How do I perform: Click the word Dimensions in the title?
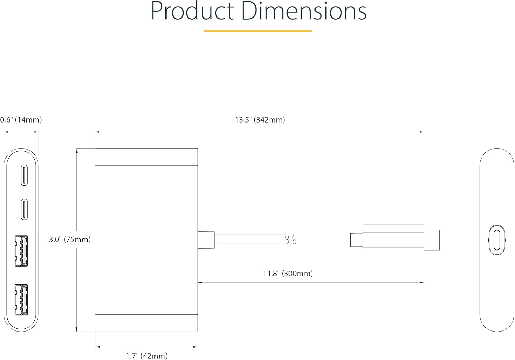[304, 11]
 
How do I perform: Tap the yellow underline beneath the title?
[258, 31]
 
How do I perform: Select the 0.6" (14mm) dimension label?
[21, 120]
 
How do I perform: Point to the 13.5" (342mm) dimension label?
[260, 120]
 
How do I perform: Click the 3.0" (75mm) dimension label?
[70, 240]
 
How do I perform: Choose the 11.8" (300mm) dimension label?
[288, 274]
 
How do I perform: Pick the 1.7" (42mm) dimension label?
[147, 356]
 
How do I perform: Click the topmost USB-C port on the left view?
[24, 175]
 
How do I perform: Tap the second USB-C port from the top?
[24, 209]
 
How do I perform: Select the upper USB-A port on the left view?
[21, 251]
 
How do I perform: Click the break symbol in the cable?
[290, 240]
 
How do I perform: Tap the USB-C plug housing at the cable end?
[393, 240]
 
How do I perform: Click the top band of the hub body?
[146, 157]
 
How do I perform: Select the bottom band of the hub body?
[146, 323]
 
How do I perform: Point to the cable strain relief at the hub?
[206, 239]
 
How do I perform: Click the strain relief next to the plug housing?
[356, 240]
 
